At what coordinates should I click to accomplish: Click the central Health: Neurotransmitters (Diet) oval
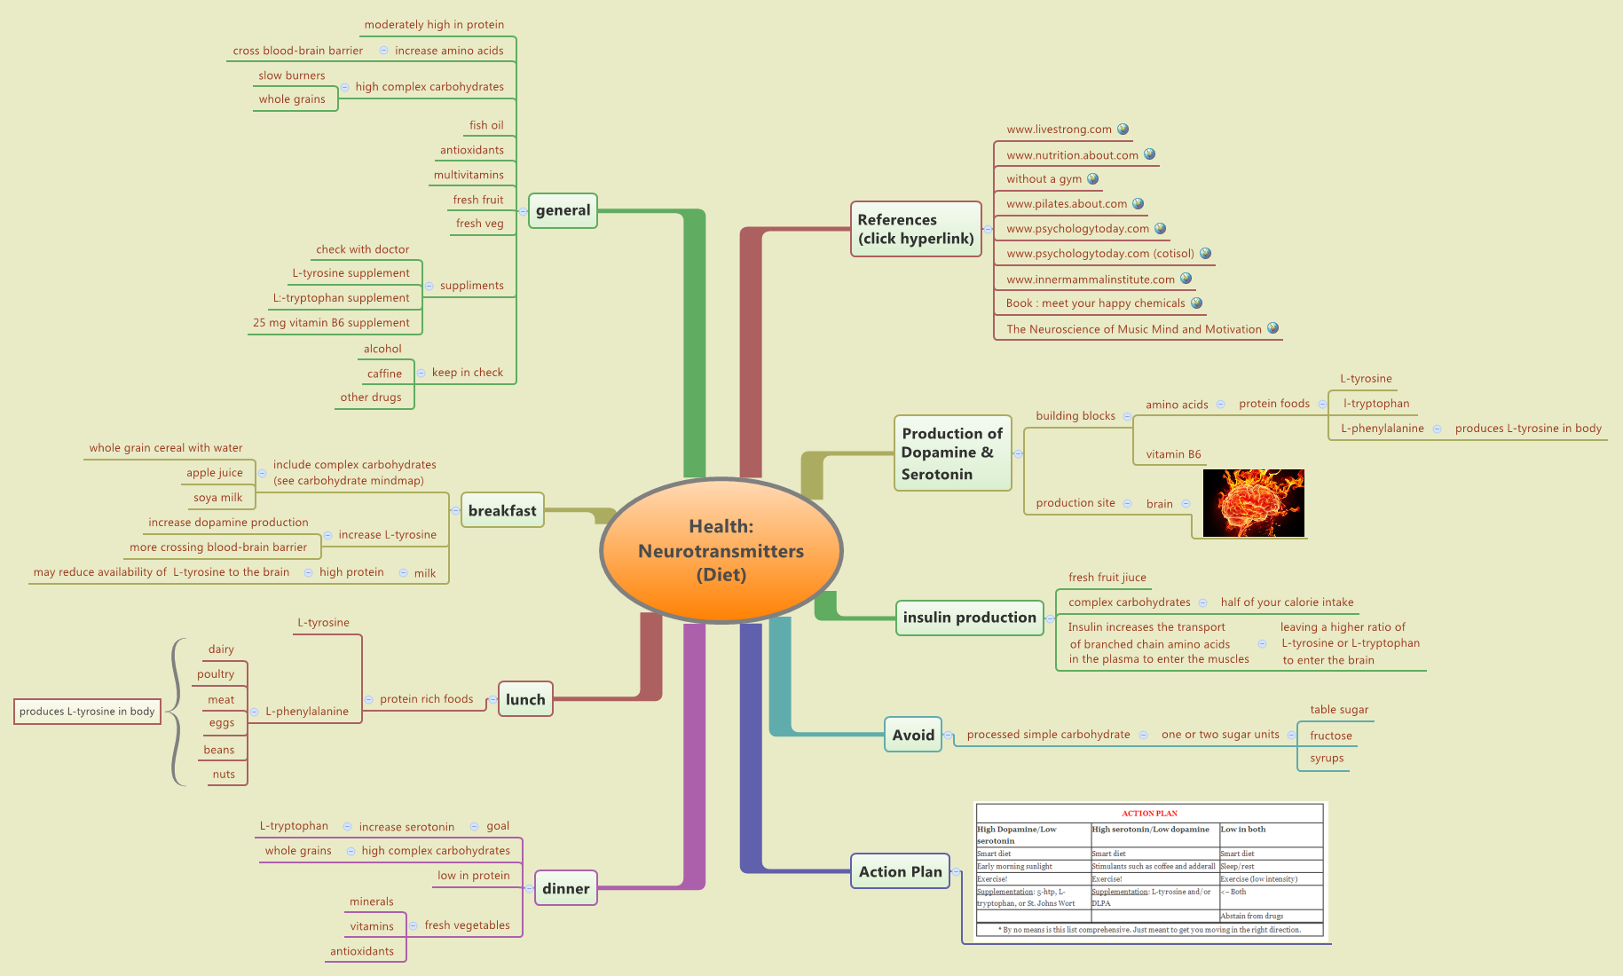[x=721, y=550]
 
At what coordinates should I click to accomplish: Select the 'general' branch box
[x=563, y=210]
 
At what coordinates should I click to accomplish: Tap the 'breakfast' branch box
[x=501, y=510]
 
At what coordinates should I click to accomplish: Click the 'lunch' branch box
[x=525, y=699]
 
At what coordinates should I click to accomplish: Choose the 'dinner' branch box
[x=565, y=888]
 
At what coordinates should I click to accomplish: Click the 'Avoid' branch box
[x=912, y=735]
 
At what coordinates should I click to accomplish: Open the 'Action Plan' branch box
[x=900, y=871]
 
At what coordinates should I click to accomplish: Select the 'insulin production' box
[x=969, y=618]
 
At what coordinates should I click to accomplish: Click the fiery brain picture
[x=1253, y=503]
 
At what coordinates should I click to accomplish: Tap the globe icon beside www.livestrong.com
[x=1123, y=129]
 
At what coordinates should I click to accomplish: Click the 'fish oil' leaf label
[x=486, y=125]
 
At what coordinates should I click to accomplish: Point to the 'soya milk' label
[x=217, y=498]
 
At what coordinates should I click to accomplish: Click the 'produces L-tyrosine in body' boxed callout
[x=87, y=712]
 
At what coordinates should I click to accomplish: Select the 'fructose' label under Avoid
[x=1330, y=736]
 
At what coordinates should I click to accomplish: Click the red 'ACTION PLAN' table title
[x=1149, y=813]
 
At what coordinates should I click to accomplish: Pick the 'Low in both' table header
[x=1243, y=830]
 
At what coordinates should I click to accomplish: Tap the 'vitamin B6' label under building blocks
[x=1173, y=454]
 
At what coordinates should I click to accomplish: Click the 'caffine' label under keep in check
[x=384, y=374]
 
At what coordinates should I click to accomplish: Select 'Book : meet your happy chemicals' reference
[x=1095, y=303]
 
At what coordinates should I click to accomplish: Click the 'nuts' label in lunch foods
[x=224, y=775]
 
